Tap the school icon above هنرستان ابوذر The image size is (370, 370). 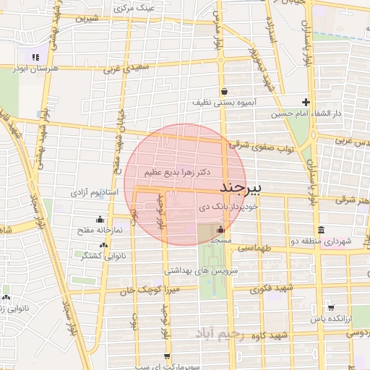tap(34, 57)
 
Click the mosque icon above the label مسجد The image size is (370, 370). tap(220, 229)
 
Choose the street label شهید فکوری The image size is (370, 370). tap(270, 289)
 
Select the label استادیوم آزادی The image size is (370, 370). tap(94, 193)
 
